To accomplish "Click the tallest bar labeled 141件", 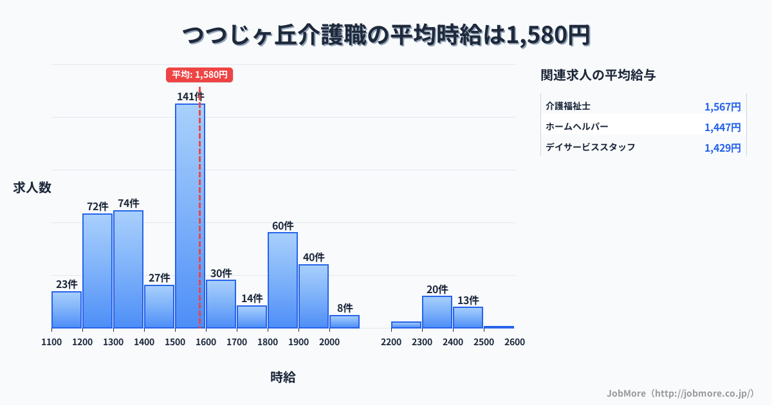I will click(190, 215).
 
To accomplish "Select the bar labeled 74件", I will click(128, 269).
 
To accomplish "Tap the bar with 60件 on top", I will click(282, 280).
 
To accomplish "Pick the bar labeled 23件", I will click(66, 309).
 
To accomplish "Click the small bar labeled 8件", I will click(344, 321).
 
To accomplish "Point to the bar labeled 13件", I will click(468, 317).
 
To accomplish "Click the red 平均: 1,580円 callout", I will click(199, 75).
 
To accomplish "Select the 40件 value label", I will click(313, 257).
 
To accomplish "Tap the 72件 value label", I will click(97, 206).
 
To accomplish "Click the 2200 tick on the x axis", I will click(391, 342).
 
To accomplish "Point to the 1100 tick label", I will click(51, 342).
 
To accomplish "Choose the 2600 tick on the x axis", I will click(515, 342).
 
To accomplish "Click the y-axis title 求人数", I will click(32, 188).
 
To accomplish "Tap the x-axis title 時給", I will click(283, 377).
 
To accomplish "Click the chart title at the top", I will click(386, 35).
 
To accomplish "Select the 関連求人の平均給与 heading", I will click(598, 75).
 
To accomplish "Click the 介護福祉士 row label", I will click(568, 106).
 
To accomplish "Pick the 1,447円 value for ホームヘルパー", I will click(722, 127).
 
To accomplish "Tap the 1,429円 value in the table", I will click(722, 148).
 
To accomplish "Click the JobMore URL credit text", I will click(680, 393).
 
